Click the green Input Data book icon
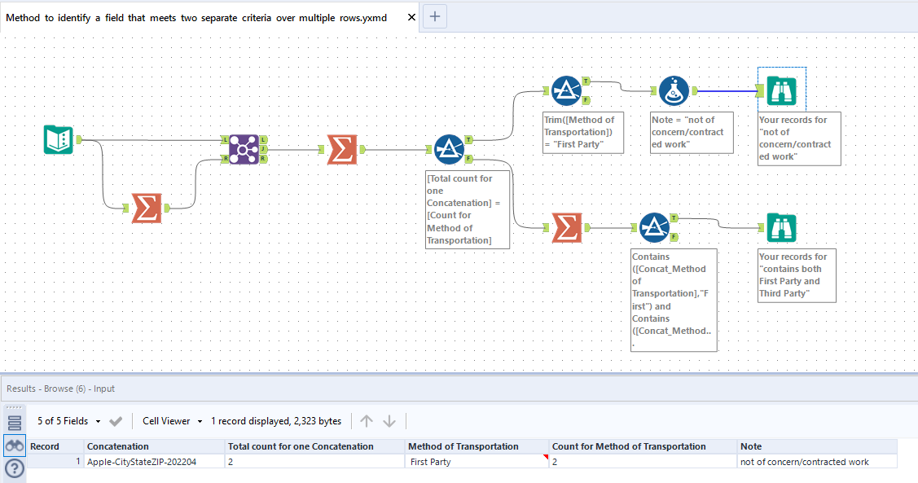[x=58, y=139]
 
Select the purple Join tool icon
[x=244, y=149]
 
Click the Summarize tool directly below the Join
[x=147, y=208]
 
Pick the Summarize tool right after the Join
[x=342, y=149]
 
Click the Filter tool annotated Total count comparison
[x=448, y=149]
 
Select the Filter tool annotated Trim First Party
[x=565, y=91]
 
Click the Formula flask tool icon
[x=674, y=91]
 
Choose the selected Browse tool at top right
[x=781, y=91]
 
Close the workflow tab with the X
[x=411, y=17]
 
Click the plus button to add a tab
[x=435, y=16]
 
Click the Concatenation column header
[x=118, y=446]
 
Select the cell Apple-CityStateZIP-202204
[x=142, y=462]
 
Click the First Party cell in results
[x=431, y=462]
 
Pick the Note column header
[x=751, y=446]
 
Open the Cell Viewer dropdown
[x=172, y=421]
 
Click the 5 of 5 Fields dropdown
[x=69, y=421]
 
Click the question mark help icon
[x=15, y=468]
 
